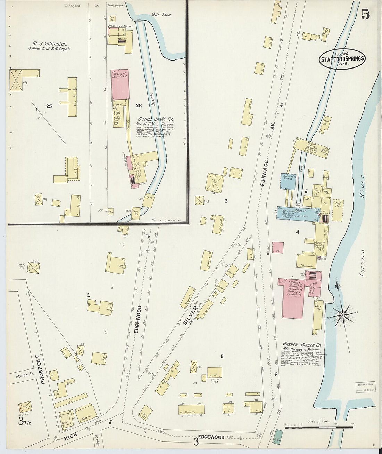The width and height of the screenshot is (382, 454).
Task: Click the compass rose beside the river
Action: [x=342, y=315]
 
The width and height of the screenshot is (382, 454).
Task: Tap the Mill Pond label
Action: [x=161, y=15]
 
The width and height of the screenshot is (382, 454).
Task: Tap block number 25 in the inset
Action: [x=49, y=106]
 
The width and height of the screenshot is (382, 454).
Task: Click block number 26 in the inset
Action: [x=139, y=105]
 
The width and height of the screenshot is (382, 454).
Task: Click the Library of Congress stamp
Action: [x=365, y=388]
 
